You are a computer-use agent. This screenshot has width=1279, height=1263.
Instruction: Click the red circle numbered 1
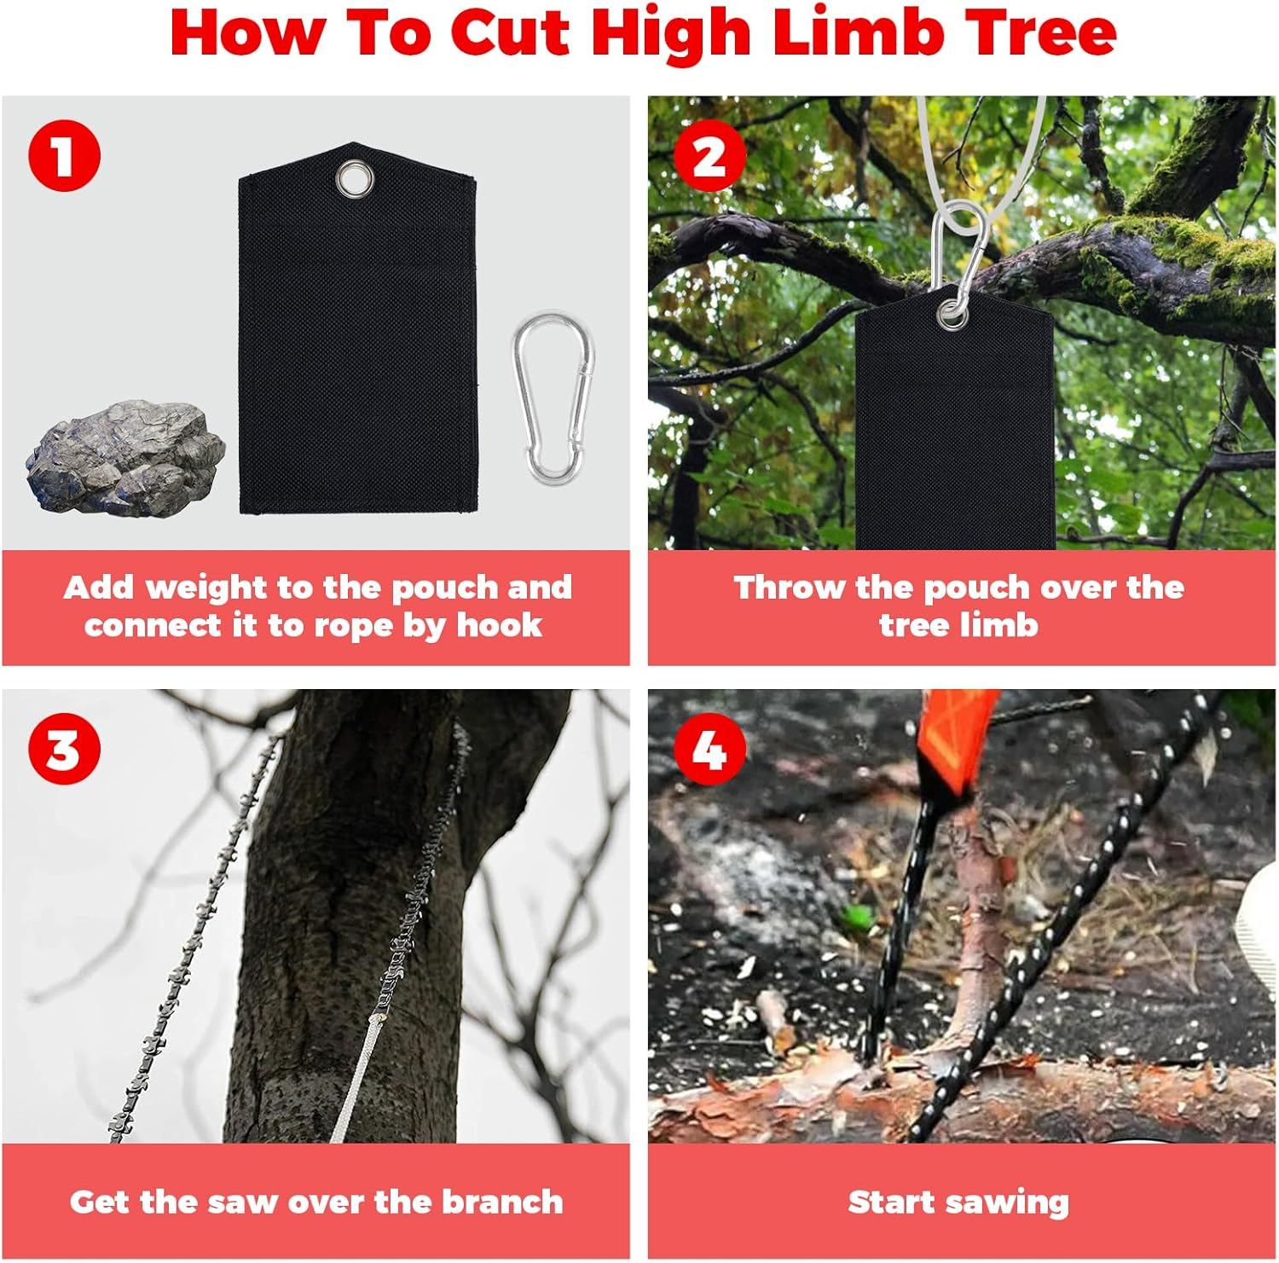point(64,156)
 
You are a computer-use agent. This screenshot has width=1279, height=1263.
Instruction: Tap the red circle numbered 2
point(709,156)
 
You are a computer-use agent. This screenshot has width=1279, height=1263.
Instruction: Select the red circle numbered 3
point(64,750)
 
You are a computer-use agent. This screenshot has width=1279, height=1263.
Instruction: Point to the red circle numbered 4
point(709,750)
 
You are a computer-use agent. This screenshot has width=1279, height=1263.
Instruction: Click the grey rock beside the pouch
point(126,458)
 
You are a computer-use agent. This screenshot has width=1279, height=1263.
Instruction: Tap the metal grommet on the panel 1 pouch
point(354,178)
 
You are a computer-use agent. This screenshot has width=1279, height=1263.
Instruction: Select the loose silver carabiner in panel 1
point(553,397)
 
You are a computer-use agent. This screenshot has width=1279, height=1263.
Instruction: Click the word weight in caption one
point(206,588)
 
